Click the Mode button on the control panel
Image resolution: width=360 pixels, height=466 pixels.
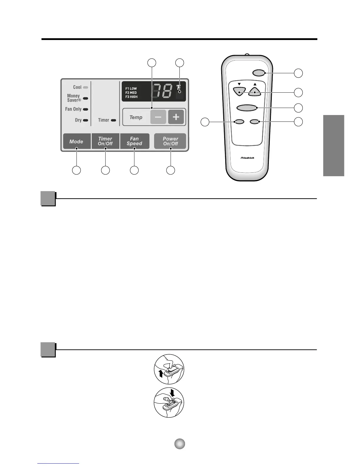(76, 142)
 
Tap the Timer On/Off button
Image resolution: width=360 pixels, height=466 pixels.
(105, 141)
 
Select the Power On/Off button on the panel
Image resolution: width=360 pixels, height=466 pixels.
(170, 141)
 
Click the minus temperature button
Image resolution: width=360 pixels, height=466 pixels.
(158, 117)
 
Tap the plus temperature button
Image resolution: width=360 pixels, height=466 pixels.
(176, 117)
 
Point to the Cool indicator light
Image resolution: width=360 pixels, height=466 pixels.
(86, 87)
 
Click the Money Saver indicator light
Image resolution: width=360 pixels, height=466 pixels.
(86, 98)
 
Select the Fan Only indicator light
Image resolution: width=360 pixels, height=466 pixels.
(86, 109)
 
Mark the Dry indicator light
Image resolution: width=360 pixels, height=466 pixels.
(86, 120)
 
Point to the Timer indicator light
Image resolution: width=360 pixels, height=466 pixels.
(114, 120)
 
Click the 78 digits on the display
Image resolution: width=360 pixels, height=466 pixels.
(162, 91)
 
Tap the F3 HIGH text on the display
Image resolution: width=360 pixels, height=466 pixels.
(131, 97)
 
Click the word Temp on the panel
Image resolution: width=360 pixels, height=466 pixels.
(136, 117)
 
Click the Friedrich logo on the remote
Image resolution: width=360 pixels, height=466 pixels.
(247, 158)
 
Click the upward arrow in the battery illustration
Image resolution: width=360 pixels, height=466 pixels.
(160, 374)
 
